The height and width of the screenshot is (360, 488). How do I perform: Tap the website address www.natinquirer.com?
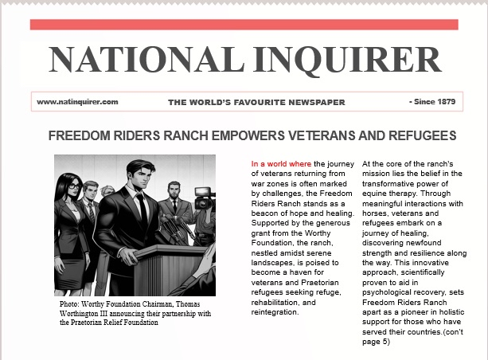pos(77,102)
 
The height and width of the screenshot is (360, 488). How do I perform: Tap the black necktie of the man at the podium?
pos(141,208)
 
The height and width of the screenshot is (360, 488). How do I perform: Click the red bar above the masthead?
pos(244,25)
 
